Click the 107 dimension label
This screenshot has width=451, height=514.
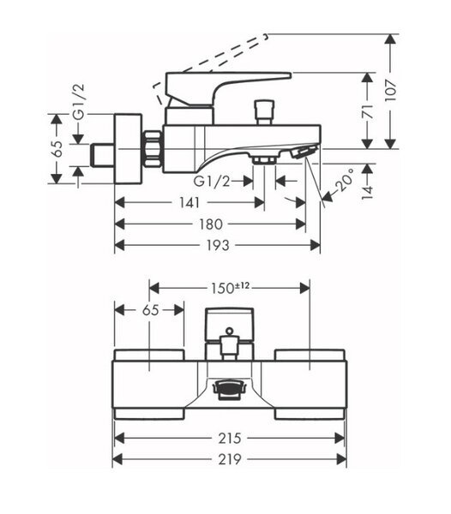coord(391,91)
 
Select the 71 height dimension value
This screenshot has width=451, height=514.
coord(368,111)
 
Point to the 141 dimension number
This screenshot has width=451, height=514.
coord(189,203)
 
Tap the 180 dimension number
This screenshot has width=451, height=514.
coord(211,224)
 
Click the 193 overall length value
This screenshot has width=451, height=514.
coord(217,245)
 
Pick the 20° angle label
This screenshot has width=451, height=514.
coord(345,180)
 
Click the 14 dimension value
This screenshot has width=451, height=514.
coord(368,192)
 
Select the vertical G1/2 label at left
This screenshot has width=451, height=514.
coord(79,102)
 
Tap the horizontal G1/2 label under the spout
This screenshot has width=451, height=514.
coord(212,181)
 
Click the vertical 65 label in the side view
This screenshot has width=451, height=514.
coord(57,148)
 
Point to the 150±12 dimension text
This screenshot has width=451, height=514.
coord(230,288)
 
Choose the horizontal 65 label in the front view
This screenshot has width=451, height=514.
coord(151,310)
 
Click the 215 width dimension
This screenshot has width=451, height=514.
coord(230,438)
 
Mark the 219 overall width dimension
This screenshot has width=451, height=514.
coord(230,459)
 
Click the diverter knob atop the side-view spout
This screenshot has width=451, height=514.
coord(264,112)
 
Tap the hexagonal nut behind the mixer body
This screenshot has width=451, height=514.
coord(153,149)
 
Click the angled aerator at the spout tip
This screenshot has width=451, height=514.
coord(304,152)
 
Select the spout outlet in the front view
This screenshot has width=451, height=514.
coord(229,389)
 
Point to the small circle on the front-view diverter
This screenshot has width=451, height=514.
coord(230,331)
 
